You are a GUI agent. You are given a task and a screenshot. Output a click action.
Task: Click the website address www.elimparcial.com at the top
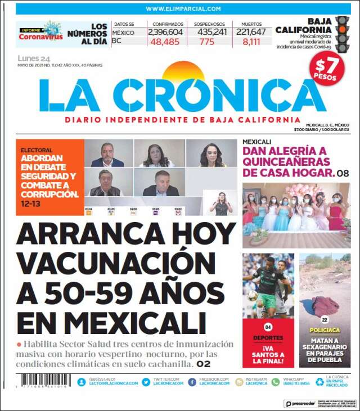coord(183,9)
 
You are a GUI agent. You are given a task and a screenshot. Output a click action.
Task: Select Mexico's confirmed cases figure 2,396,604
coord(165,33)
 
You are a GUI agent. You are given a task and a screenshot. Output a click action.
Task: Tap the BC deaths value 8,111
coord(247,42)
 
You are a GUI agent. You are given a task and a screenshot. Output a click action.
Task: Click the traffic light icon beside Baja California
coord(341,33)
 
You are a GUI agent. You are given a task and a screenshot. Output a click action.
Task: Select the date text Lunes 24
coord(34,58)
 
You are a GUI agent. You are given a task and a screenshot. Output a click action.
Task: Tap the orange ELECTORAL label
coord(37,151)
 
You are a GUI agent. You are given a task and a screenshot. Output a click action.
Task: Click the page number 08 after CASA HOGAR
coord(343,173)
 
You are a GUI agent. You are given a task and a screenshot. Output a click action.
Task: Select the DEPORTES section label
coord(268,338)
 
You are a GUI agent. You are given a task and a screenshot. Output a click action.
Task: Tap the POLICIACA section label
coord(325,331)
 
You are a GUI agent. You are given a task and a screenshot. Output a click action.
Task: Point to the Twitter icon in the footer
coord(146,382)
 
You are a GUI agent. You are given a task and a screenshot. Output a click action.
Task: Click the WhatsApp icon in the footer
coord(276,382)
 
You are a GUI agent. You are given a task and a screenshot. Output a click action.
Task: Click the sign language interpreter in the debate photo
coord(221,203)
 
